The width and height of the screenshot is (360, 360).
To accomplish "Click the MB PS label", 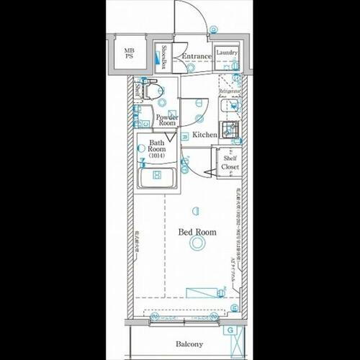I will point(129,55).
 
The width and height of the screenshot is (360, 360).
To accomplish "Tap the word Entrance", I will point(196,56).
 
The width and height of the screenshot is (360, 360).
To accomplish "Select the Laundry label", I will point(227,53).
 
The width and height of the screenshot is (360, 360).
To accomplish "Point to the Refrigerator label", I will point(229,92).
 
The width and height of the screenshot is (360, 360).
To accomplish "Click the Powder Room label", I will point(167,120).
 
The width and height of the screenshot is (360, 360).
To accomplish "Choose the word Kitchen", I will point(204,135).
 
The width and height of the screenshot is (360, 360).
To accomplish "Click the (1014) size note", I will point(156,156).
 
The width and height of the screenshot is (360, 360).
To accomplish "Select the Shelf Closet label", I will point(230,163).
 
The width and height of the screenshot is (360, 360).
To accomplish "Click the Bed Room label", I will point(197,232).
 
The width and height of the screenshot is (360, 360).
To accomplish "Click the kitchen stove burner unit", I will point(229,130).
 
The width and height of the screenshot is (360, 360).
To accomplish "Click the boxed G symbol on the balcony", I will point(230,330).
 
